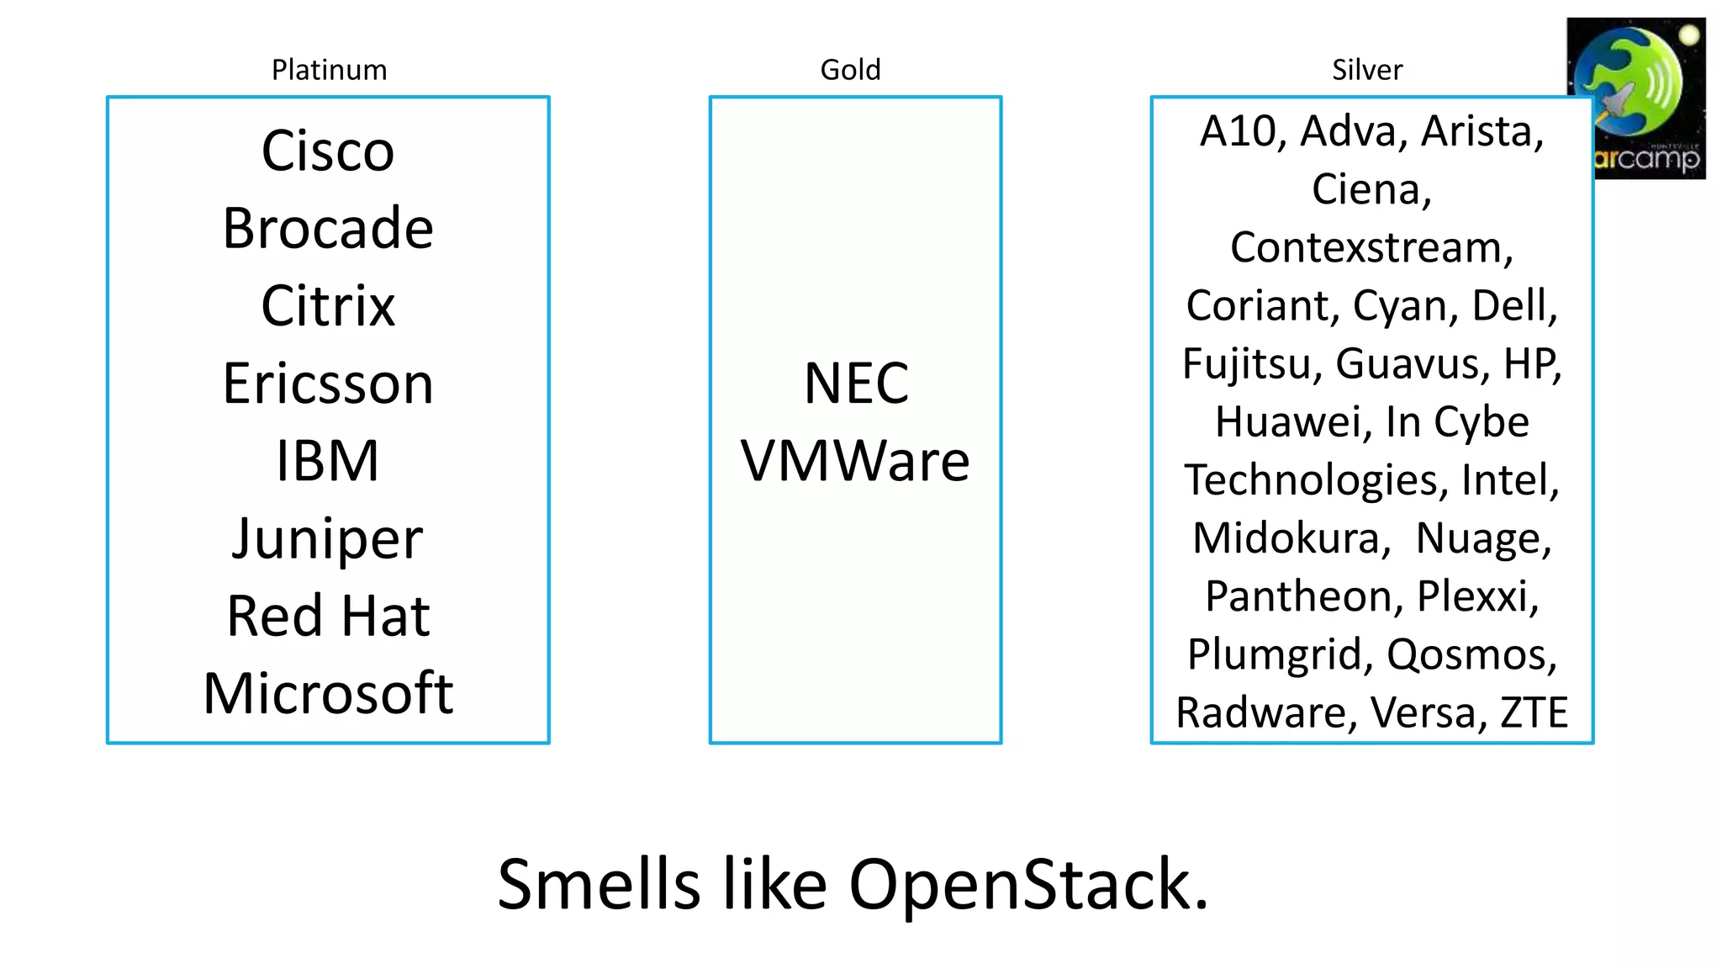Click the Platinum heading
pyautogui.click(x=329, y=70)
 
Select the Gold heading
pyautogui.click(x=850, y=70)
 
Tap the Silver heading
pyautogui.click(x=1366, y=70)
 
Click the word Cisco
pyautogui.click(x=328, y=151)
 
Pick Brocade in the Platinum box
pyautogui.click(x=328, y=229)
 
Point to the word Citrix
pyautogui.click(x=328, y=306)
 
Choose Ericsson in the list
pyautogui.click(x=328, y=384)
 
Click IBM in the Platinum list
pyautogui.click(x=328, y=461)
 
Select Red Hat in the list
pyautogui.click(x=328, y=616)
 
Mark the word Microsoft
pyautogui.click(x=328, y=693)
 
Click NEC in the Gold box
pyautogui.click(x=856, y=384)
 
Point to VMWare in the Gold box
pyautogui.click(x=855, y=461)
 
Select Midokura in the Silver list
pyautogui.click(x=1291, y=538)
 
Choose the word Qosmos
pyautogui.click(x=1471, y=655)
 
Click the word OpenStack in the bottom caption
pyautogui.click(x=1027, y=885)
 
